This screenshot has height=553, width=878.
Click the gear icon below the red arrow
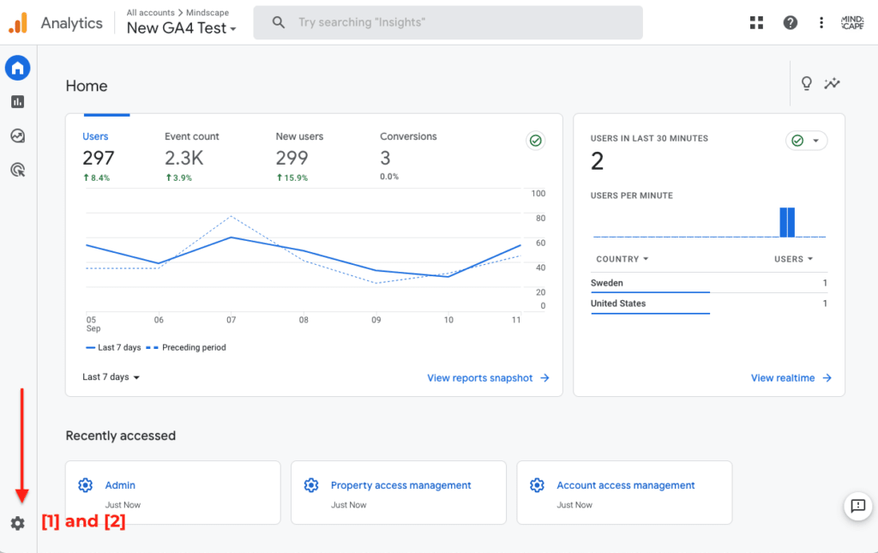coord(17,523)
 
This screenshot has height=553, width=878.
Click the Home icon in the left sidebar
coord(17,68)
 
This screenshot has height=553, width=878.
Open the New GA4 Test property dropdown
coord(181,28)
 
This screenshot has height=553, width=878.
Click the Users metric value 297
coord(98,158)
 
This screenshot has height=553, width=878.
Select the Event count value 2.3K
coord(183,158)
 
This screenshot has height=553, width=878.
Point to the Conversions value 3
coord(385,158)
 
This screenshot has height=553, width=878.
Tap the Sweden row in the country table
coord(607,283)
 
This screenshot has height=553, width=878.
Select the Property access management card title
coord(400,485)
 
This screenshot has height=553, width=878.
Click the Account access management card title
coord(625,485)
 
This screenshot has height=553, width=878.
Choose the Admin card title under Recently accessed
coord(120,485)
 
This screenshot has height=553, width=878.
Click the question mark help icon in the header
coord(790,23)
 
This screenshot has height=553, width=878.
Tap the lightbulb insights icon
coord(806,83)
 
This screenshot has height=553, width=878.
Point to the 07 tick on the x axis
coord(231,320)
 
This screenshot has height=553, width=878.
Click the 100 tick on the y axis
coord(538,194)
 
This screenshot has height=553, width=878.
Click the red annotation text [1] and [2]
coord(83,521)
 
